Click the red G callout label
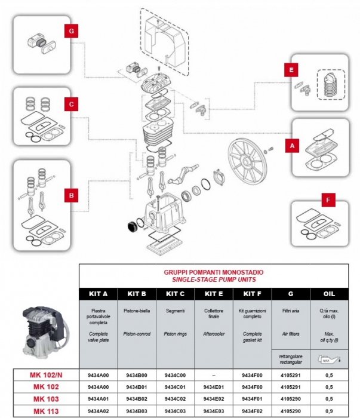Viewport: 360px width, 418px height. click(71, 31)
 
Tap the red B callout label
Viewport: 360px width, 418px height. click(71, 195)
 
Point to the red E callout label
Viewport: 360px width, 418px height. click(291, 70)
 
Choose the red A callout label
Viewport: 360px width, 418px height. click(292, 145)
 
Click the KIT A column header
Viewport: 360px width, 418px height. click(98, 293)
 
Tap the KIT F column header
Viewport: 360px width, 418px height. click(252, 293)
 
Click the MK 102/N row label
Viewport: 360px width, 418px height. click(47, 374)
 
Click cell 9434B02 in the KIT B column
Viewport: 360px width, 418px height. click(137, 399)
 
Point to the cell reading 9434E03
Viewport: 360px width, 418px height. click(214, 411)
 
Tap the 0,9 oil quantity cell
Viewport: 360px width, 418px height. click(328, 411)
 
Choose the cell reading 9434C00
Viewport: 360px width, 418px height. click(176, 374)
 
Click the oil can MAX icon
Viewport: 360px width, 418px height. click(328, 360)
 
